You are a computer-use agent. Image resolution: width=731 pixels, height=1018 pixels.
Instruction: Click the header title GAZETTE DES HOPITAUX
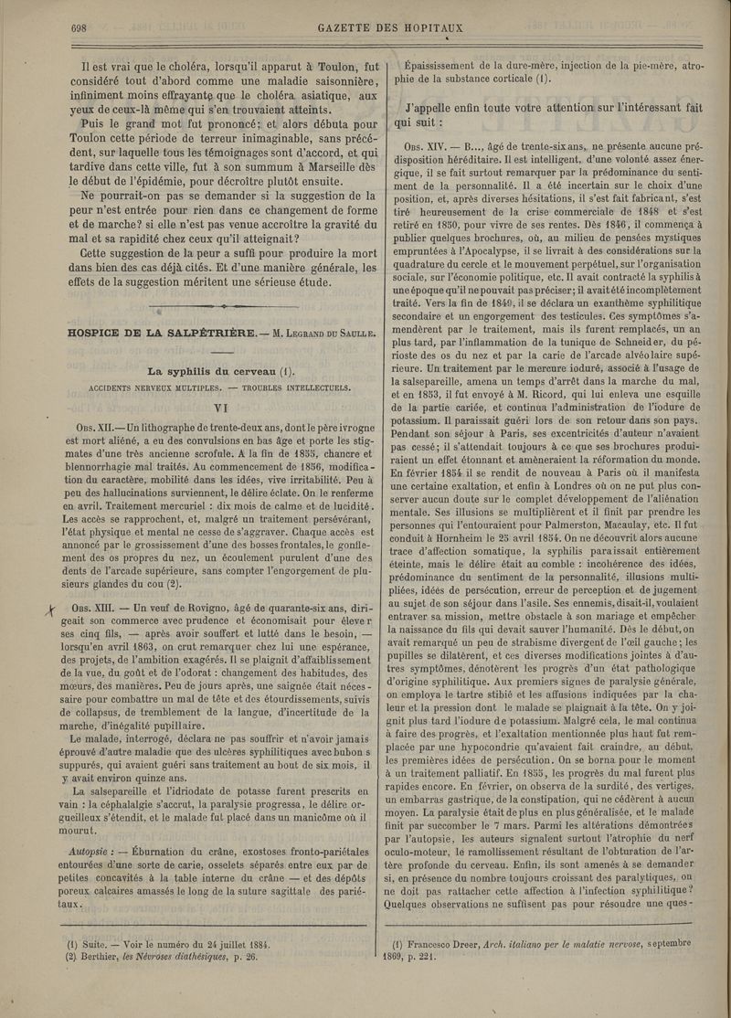[390, 26]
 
